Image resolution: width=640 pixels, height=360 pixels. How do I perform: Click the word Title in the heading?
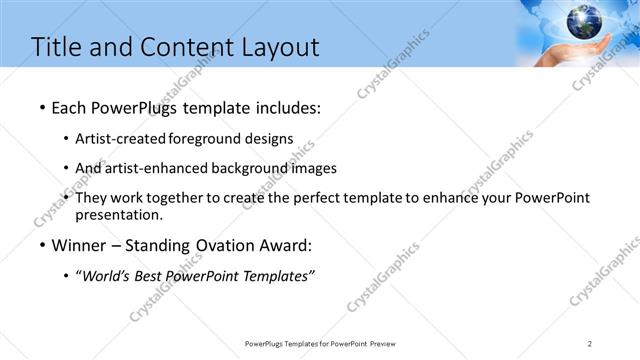pos(57,47)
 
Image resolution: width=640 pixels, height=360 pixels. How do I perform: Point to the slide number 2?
pos(590,343)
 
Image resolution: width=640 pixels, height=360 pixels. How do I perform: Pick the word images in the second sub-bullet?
pos(316,168)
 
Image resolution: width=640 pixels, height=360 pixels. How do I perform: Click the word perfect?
pos(308,198)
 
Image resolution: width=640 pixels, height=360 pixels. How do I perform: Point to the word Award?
pos(290,245)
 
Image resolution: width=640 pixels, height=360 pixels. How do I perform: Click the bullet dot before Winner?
pos(41,246)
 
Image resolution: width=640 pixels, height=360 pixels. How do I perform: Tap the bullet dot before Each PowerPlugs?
pos(41,108)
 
